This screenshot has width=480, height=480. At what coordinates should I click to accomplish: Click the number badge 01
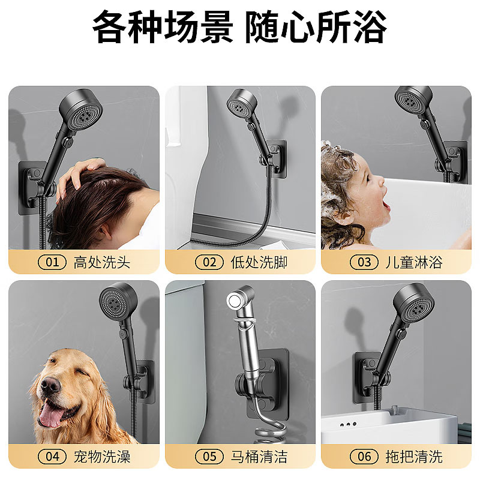(x=52, y=262)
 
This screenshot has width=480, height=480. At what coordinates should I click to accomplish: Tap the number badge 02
(x=209, y=262)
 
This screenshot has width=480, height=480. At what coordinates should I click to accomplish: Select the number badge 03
(x=364, y=262)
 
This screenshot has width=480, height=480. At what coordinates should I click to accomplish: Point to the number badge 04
(x=52, y=457)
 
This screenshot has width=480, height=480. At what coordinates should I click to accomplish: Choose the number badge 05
(x=209, y=457)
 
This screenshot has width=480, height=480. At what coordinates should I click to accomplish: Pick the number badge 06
(x=364, y=457)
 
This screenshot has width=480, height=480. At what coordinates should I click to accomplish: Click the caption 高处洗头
(x=102, y=262)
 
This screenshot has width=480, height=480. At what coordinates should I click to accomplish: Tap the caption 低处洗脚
(x=259, y=262)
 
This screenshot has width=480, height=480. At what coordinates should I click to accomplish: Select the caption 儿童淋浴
(x=414, y=262)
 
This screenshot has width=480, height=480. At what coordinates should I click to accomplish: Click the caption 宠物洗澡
(x=102, y=457)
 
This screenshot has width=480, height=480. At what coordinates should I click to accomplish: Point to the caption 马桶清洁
(x=259, y=457)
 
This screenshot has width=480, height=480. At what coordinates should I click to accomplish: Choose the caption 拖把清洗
(x=414, y=457)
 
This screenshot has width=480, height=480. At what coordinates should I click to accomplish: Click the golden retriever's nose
(x=50, y=385)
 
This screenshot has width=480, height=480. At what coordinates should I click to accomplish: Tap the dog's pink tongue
(x=50, y=415)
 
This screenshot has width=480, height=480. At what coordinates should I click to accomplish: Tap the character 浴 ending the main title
(x=371, y=26)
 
